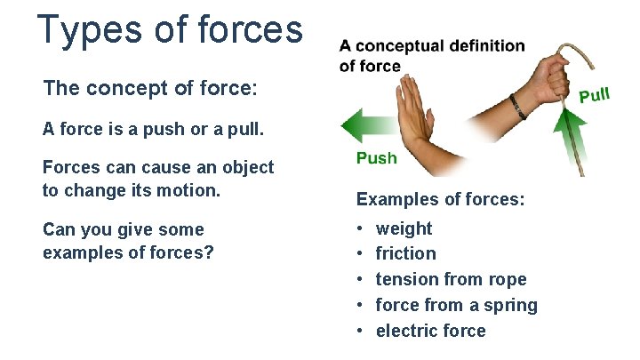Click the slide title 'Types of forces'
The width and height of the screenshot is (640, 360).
tap(170, 29)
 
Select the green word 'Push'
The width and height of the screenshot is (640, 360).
tap(376, 158)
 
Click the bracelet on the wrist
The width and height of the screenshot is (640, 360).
tap(518, 106)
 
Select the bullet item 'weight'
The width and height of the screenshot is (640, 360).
tap(404, 228)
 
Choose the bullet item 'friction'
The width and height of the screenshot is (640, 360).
tap(405, 254)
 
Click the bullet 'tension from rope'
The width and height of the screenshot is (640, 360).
tap(451, 279)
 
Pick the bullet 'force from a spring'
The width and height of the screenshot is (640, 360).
tap(456, 305)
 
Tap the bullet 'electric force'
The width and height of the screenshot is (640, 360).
tap(430, 331)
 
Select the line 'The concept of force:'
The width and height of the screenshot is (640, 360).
tap(150, 89)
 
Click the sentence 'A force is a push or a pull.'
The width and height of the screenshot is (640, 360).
tap(140, 129)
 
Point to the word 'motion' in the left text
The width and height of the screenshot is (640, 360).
tap(188, 190)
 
